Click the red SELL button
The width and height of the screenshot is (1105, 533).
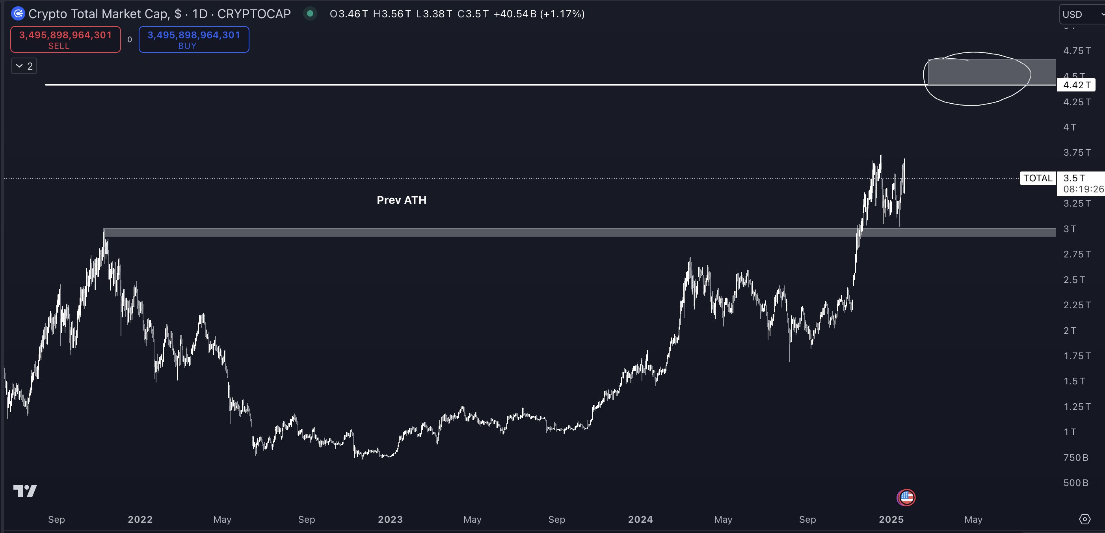pyautogui.click(x=65, y=39)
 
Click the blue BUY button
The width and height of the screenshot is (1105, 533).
pyautogui.click(x=193, y=39)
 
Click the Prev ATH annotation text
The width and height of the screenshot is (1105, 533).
pyautogui.click(x=401, y=200)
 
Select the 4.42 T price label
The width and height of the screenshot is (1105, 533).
pyautogui.click(x=1077, y=85)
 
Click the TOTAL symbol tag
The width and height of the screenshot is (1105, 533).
pyautogui.click(x=1037, y=178)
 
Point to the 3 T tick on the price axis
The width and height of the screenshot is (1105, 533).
pyautogui.click(x=1070, y=229)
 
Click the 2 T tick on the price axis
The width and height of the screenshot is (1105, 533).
pyautogui.click(x=1070, y=330)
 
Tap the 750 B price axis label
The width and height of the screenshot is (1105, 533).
pyautogui.click(x=1075, y=457)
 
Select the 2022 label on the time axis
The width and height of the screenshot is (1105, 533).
pyautogui.click(x=140, y=519)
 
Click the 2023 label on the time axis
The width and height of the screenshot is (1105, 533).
pyautogui.click(x=390, y=519)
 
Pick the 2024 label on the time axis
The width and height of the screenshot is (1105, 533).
pyautogui.click(x=640, y=519)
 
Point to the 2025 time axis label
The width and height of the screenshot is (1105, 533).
pyautogui.click(x=891, y=519)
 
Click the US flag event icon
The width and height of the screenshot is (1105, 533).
pyautogui.click(x=906, y=498)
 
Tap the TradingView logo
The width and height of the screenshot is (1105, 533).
pyautogui.click(x=25, y=490)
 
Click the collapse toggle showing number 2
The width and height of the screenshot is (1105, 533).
pyautogui.click(x=24, y=66)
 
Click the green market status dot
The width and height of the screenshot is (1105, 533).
pyautogui.click(x=310, y=14)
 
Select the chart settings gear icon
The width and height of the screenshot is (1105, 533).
pyautogui.click(x=1085, y=519)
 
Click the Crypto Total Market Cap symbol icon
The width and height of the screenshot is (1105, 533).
pyautogui.click(x=18, y=14)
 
